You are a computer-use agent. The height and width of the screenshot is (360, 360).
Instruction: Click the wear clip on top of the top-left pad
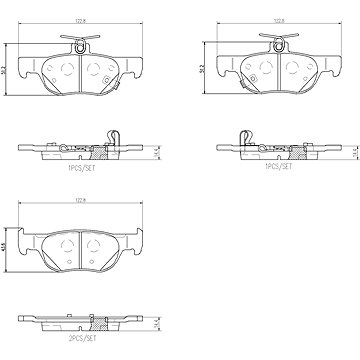(77, 42)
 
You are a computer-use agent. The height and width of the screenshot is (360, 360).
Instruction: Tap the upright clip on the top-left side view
(112, 137)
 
